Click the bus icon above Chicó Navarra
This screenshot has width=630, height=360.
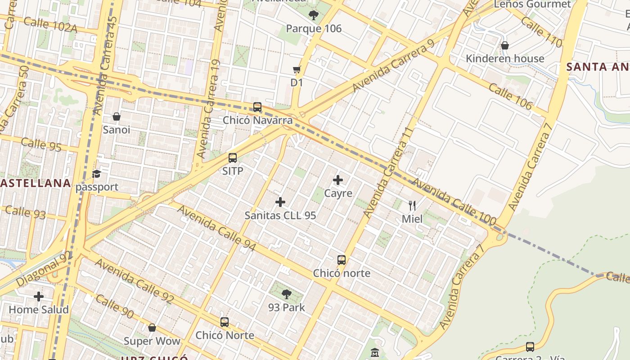click(257, 107)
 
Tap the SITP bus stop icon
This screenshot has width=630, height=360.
click(233, 158)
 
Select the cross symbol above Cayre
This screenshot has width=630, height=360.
click(338, 180)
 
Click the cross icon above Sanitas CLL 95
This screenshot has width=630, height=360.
click(280, 202)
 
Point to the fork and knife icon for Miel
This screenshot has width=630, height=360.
click(412, 206)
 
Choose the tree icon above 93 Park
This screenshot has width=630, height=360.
click(286, 295)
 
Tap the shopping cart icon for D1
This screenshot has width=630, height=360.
click(297, 70)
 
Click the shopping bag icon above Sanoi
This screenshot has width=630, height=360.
click(117, 117)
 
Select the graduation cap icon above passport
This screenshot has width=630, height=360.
click(96, 174)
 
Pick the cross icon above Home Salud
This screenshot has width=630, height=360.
click(39, 297)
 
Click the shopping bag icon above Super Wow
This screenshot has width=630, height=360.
click(152, 328)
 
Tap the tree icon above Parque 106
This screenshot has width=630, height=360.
click(314, 15)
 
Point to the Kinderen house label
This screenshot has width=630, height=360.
click(505, 58)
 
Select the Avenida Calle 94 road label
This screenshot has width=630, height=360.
click(216, 228)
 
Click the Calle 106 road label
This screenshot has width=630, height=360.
click(510, 96)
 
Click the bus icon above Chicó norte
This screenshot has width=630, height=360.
click(342, 260)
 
